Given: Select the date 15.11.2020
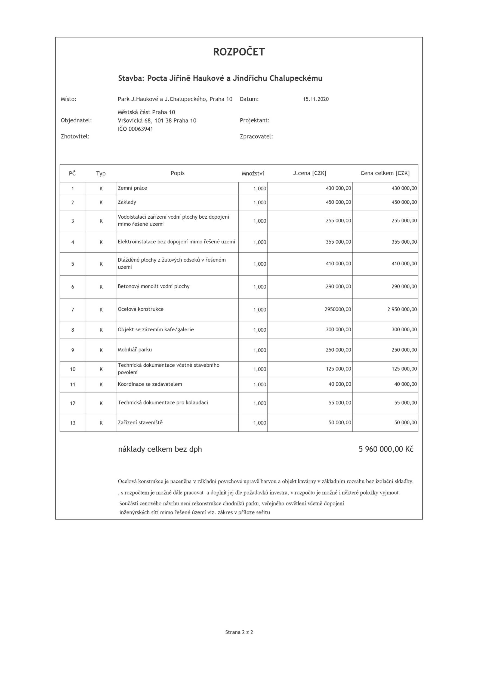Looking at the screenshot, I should coord(316,99).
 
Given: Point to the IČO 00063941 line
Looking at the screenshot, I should coord(135,129).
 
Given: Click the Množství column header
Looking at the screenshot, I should coord(253,174).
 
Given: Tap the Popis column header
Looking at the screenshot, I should coord(177,173).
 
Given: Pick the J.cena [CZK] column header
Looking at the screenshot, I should coord(310,173).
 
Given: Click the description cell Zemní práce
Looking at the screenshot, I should coord(132,188).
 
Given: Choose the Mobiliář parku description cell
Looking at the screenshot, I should coord(135,350).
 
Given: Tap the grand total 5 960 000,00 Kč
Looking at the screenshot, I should coord(386,449).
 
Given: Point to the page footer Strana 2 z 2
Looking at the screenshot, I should coord(239,632).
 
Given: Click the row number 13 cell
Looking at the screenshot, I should coord(73,423).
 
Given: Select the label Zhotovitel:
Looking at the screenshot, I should coord(75,137).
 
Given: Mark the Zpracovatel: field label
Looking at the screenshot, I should coord(256,137).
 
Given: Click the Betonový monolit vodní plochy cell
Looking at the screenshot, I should coord(153,286).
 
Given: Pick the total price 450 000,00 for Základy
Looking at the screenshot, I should coord(404,202).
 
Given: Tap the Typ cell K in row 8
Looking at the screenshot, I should coord(101,330).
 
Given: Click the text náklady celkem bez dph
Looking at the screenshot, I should coord(160,449).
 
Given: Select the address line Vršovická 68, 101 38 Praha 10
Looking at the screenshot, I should coord(157,121).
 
